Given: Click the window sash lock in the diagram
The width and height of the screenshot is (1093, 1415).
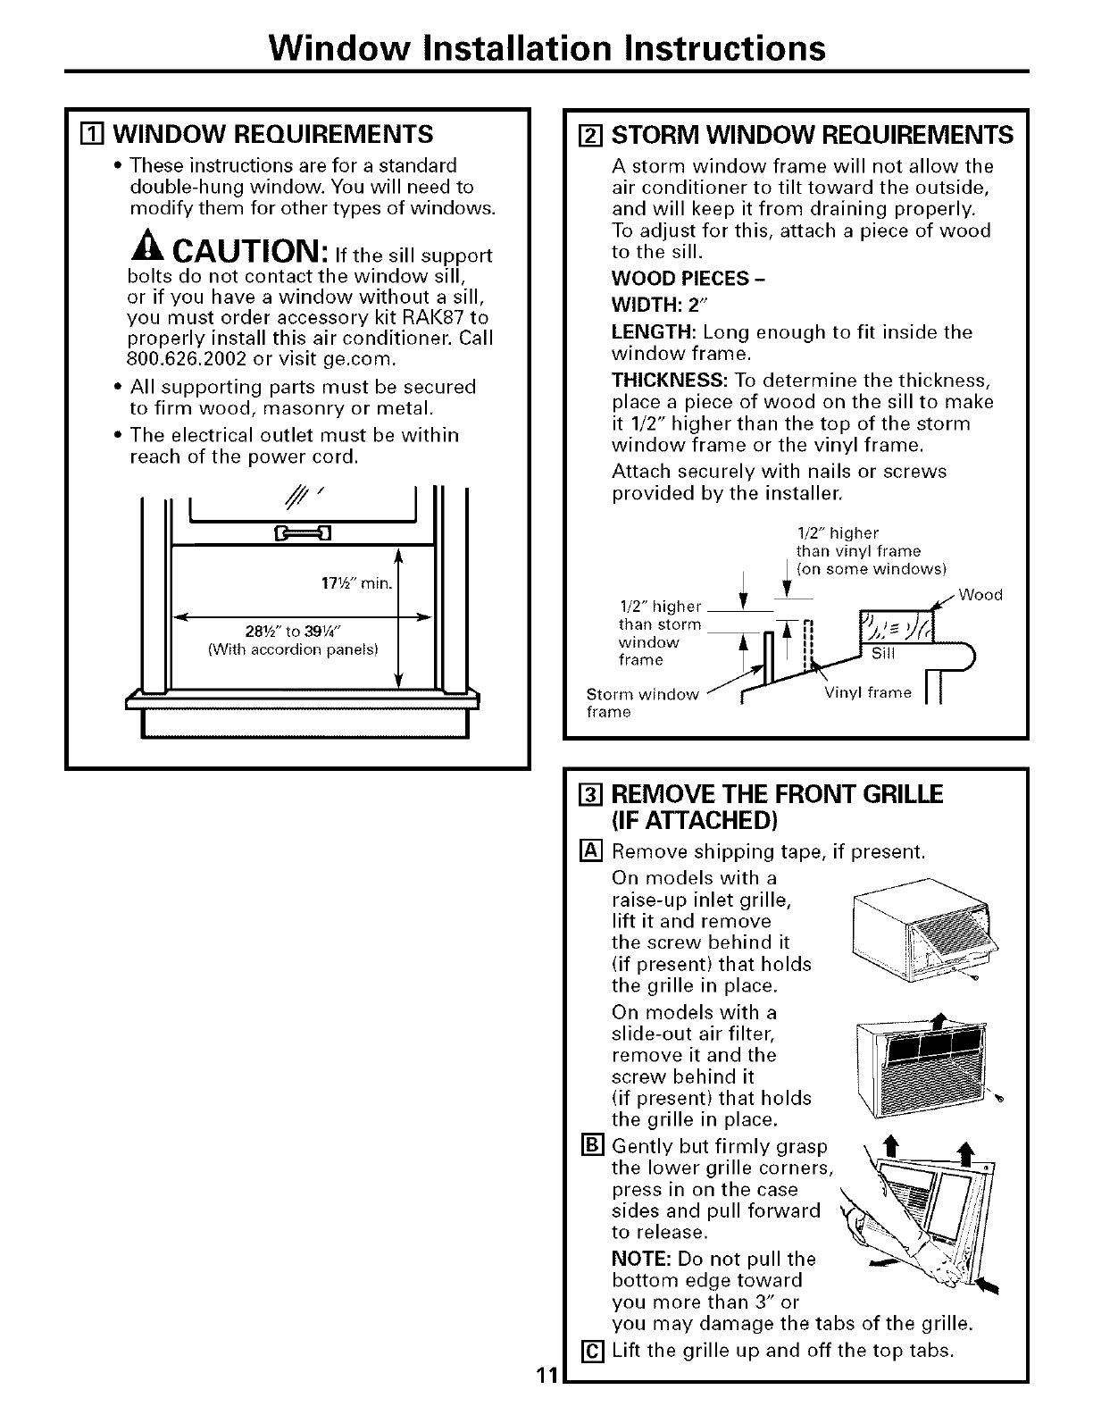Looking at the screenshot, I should pyautogui.click(x=294, y=534).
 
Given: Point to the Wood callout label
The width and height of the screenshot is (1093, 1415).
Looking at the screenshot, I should pyautogui.click(x=980, y=595).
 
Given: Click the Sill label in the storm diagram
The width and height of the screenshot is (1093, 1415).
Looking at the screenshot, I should pyautogui.click(x=881, y=653).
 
